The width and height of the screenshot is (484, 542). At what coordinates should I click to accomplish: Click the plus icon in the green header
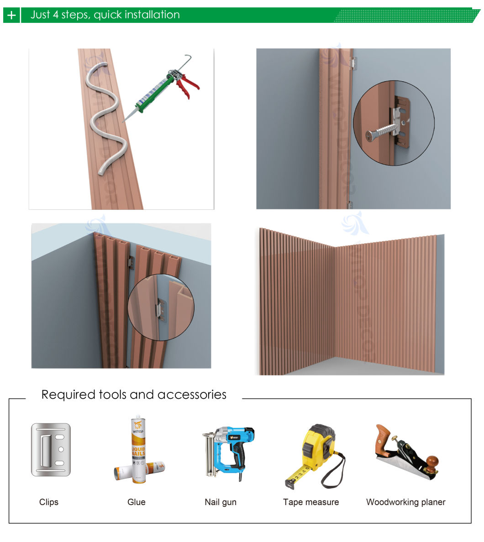(11, 16)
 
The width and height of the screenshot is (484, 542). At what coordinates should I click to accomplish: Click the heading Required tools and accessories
(134, 395)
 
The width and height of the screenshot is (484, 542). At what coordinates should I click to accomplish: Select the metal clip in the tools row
(51, 450)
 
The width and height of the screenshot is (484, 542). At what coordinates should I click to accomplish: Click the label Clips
(49, 502)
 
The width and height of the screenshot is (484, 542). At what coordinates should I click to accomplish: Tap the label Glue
(136, 502)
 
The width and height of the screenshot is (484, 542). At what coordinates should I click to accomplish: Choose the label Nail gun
(221, 502)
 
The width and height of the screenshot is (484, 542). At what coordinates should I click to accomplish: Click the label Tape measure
(311, 502)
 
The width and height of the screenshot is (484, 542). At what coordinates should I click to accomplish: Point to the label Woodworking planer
(405, 502)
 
